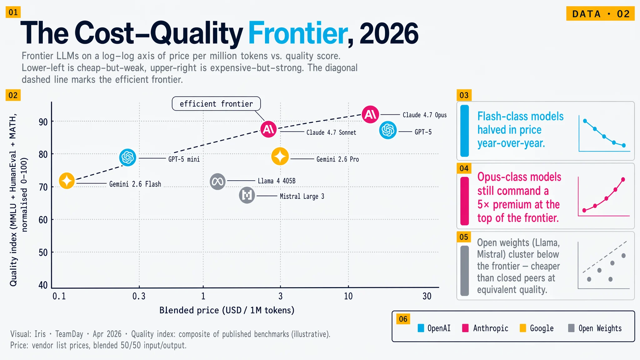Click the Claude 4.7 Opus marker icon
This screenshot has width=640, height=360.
click(370, 114)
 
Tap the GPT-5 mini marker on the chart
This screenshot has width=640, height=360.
click(127, 157)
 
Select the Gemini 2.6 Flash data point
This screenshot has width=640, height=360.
click(67, 181)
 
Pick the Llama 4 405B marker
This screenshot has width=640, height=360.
click(217, 182)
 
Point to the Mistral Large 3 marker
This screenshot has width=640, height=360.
click(247, 196)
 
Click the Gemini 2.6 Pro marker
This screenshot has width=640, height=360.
click(280, 156)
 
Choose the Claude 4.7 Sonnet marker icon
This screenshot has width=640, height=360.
click(269, 129)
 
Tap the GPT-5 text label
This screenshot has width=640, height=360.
click(423, 132)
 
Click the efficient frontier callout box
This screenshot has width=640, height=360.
click(216, 104)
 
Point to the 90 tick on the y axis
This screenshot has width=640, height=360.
click(43, 122)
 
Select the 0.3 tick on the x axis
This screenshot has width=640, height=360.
click(139, 296)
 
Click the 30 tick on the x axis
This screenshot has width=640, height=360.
click(427, 296)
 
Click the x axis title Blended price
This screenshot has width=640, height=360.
click(227, 310)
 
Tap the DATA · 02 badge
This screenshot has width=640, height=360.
click(600, 14)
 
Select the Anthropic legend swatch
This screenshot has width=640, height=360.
click(465, 328)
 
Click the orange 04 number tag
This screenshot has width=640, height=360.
click(464, 168)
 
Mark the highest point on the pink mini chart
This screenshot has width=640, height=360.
click(623, 179)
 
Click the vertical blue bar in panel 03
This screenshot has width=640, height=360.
click(465, 131)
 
